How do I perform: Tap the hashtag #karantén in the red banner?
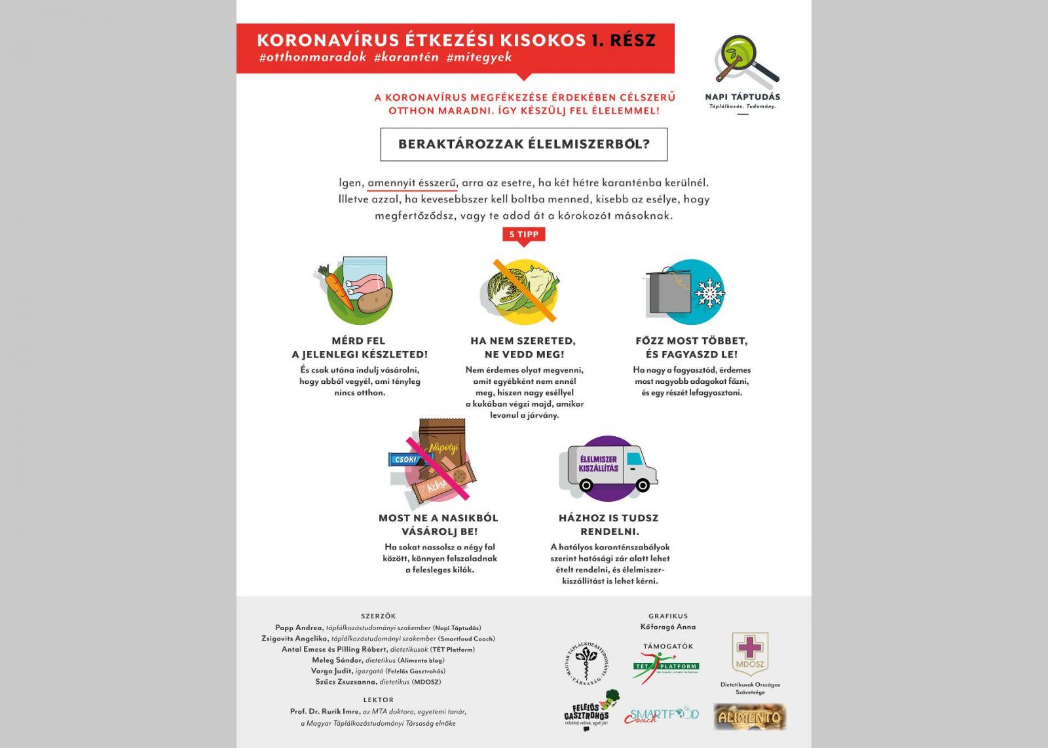406,57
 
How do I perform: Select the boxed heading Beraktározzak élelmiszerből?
523,144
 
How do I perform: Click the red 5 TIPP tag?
523,234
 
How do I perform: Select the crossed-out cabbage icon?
523,290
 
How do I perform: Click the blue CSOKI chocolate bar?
405,459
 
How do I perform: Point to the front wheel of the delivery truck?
643,485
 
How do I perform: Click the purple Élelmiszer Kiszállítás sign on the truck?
599,464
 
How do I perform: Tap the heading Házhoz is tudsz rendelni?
608,525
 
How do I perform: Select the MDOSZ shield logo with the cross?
750,652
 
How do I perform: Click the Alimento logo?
749,717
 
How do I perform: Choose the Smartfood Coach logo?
661,715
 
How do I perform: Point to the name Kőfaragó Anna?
668,627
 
